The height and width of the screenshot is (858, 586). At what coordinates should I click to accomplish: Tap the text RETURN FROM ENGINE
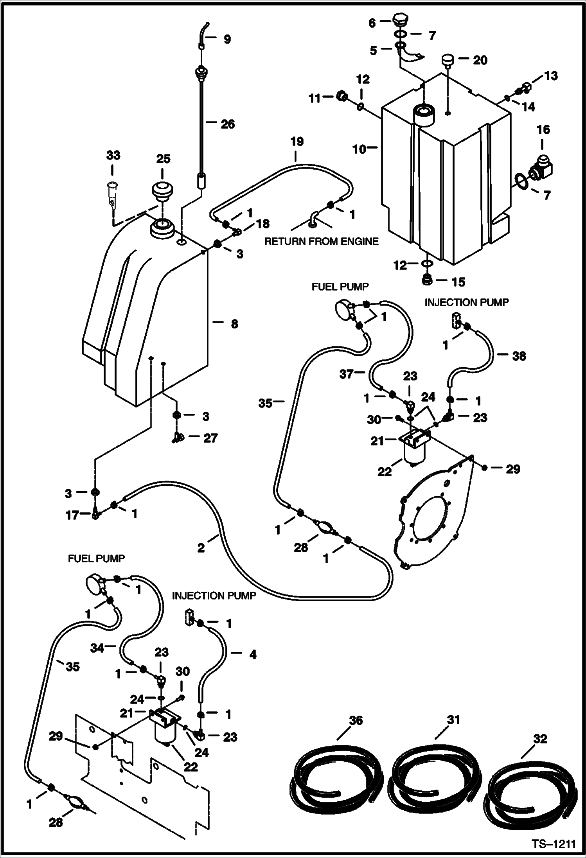click(x=322, y=241)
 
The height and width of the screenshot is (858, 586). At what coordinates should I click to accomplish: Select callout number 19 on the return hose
click(x=297, y=142)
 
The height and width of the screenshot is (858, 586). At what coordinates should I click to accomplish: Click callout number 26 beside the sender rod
click(x=228, y=124)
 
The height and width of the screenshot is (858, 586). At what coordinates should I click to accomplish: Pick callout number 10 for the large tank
click(x=360, y=149)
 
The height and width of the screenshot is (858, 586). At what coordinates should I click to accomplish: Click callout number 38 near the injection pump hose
click(x=519, y=356)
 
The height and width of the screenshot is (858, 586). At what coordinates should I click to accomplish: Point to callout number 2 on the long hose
click(x=201, y=548)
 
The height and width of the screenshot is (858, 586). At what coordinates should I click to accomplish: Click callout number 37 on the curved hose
click(x=347, y=374)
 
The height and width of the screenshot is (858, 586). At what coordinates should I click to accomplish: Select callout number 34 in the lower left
click(x=97, y=648)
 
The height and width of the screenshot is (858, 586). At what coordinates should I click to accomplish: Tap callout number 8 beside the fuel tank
click(x=234, y=324)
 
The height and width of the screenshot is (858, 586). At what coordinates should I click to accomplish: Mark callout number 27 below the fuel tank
click(x=210, y=438)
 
